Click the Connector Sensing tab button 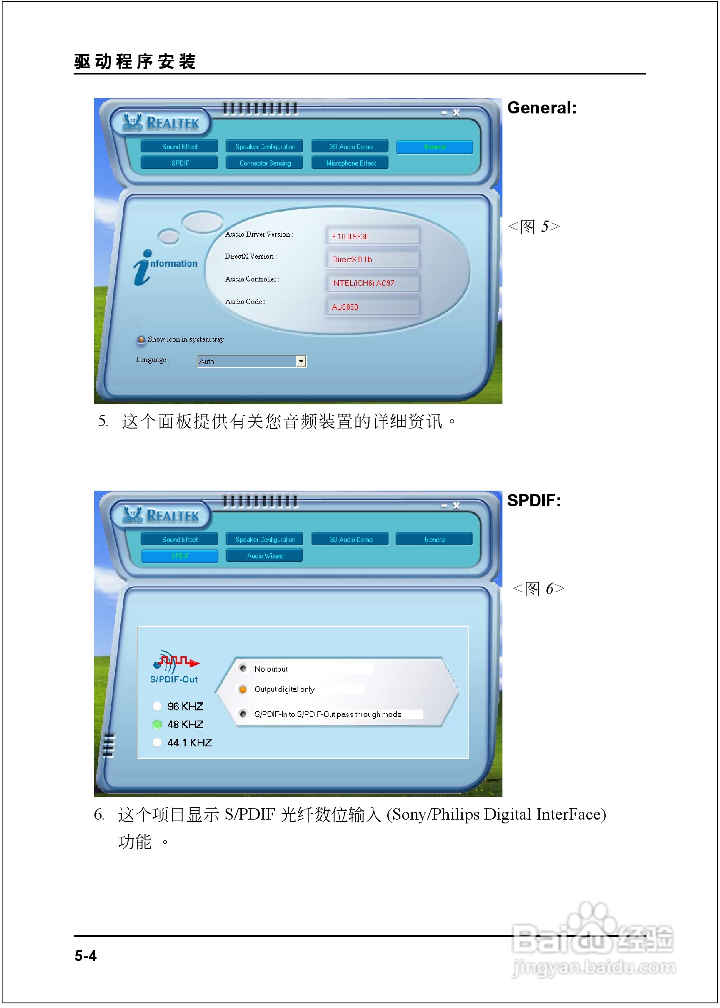[x=265, y=163]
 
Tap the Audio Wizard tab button [x=265, y=556]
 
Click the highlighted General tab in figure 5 [x=434, y=147]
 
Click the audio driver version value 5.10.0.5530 [x=372, y=236]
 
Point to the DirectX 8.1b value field [x=372, y=260]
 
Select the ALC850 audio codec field [x=372, y=307]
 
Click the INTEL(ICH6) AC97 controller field [x=372, y=283]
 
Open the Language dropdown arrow [x=301, y=362]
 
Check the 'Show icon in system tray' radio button [x=141, y=340]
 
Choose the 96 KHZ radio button [x=157, y=706]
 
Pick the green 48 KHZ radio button [x=157, y=724]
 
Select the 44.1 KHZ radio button [x=157, y=743]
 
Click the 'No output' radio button [x=243, y=668]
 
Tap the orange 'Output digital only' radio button [x=243, y=689]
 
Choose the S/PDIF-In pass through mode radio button [x=243, y=714]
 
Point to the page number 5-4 [x=86, y=956]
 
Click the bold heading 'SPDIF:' [x=534, y=501]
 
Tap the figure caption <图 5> [x=534, y=226]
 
